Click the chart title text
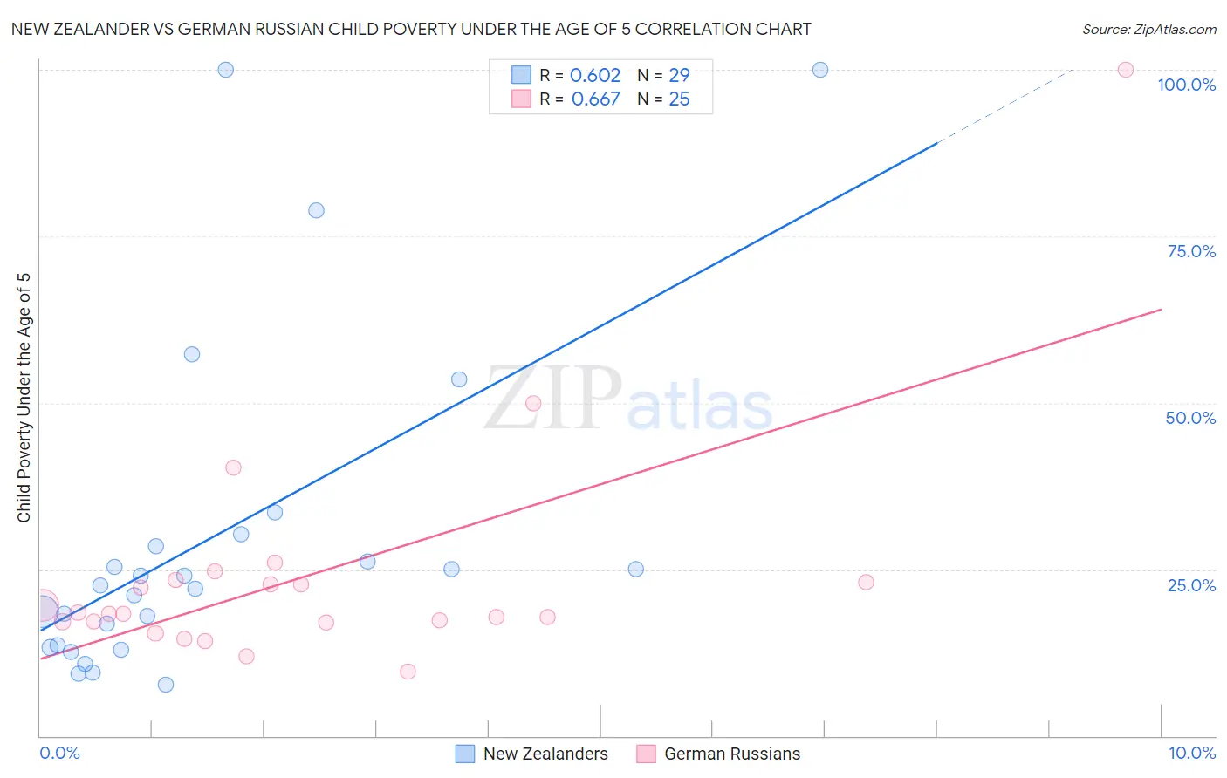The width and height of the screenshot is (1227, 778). pos(411,29)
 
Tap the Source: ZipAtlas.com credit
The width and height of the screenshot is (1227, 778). pos(1148,29)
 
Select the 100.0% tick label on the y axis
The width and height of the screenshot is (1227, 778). pos(1186,85)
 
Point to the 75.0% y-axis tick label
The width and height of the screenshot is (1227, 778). pos(1191,251)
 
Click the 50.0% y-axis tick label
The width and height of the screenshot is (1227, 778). pos(1190,418)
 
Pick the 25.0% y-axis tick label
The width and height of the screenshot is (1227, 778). pos(1191,584)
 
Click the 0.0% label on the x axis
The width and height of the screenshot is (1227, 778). pos(59,753)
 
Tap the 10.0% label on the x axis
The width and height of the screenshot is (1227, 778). pos(1191,753)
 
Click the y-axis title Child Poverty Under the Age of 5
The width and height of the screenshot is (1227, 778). pos(24,398)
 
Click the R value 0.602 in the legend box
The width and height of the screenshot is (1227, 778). pos(595,76)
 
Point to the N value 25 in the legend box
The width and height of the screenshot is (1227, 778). pos(679,99)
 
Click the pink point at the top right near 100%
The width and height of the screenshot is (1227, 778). pos(1126,70)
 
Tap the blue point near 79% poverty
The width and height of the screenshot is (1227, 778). pos(316,210)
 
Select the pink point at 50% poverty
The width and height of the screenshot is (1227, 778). pos(533,403)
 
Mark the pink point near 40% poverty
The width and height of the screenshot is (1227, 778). pos(233,467)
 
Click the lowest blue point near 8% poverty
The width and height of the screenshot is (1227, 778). pos(166,685)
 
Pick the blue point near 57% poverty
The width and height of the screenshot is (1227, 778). pos(192,354)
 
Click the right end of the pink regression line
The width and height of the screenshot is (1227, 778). pos(1161,310)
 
